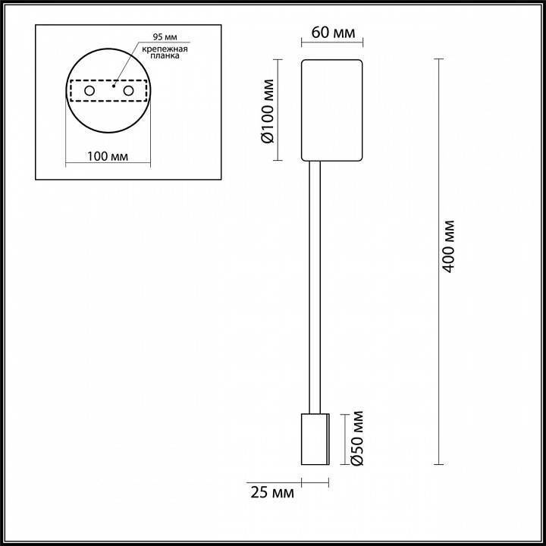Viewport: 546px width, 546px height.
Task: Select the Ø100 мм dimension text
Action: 267,110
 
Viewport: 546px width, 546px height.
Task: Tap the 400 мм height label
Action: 450,247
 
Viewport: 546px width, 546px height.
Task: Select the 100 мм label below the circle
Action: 107,156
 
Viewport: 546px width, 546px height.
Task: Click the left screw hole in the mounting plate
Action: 89,91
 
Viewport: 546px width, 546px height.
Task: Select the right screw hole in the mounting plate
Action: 128,91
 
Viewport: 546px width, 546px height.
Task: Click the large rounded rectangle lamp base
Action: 334,111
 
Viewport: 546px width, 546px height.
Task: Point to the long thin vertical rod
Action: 315,288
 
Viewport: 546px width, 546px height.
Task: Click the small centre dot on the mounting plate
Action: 112,87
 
